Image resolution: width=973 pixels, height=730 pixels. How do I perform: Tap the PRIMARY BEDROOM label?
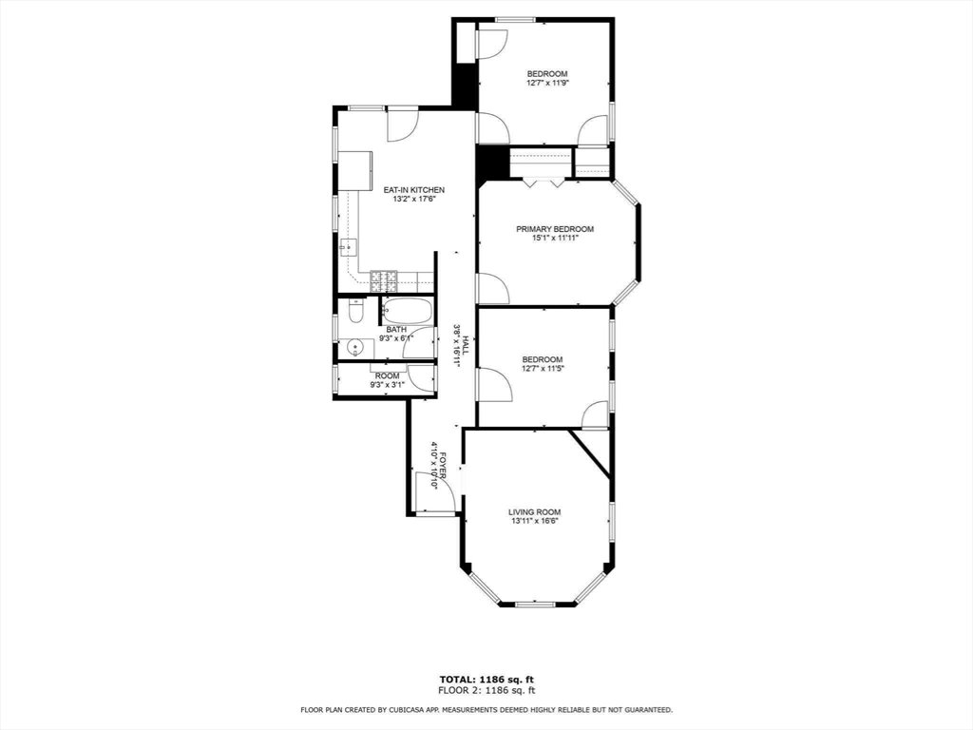[x=555, y=229]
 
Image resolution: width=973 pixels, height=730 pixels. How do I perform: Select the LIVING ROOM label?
[x=535, y=512]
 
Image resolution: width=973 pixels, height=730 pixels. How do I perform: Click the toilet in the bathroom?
[x=355, y=312]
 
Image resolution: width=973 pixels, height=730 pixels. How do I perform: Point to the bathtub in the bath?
[x=407, y=311]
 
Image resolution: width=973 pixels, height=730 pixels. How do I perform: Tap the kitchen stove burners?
[x=384, y=281]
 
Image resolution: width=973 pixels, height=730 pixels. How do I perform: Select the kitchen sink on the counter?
[x=349, y=248]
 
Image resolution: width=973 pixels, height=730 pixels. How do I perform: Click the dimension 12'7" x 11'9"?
[x=547, y=83]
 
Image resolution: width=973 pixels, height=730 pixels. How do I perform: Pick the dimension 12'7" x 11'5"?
[x=543, y=368]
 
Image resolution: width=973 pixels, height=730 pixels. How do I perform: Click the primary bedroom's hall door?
[x=493, y=289]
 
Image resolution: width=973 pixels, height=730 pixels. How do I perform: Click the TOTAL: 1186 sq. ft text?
[x=486, y=679]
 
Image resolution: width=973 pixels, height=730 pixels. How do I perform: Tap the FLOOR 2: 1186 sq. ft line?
[x=486, y=690]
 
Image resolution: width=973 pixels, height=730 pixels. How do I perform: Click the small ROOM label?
[x=388, y=376]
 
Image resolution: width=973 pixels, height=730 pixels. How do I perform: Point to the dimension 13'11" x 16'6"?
[x=535, y=522]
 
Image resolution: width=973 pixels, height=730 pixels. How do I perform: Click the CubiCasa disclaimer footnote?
[x=486, y=709]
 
